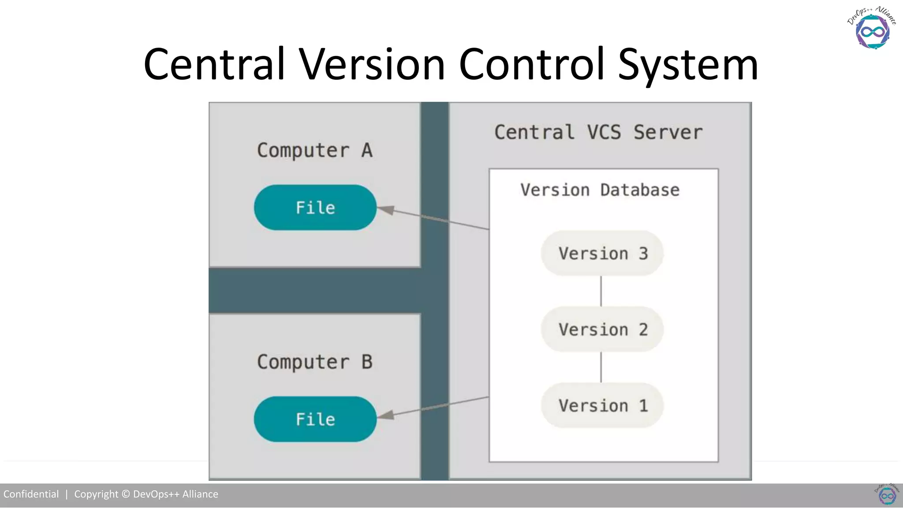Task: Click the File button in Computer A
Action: [315, 207]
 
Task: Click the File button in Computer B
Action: [315, 419]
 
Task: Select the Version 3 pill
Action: [602, 254]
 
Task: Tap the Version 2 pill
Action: [602, 329]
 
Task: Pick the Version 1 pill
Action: [602, 405]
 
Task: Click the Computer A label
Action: [315, 150]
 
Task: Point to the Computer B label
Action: [315, 362]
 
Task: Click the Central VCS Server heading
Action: [598, 132]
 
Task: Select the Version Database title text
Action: [600, 190]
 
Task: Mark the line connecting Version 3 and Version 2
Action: [601, 291]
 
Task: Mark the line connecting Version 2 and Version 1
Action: [601, 367]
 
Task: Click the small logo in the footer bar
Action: [887, 495]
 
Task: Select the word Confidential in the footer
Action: [31, 494]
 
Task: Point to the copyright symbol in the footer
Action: [126, 494]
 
